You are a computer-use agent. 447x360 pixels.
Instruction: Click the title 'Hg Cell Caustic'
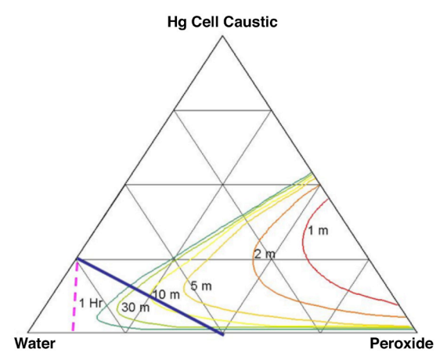point(222,22)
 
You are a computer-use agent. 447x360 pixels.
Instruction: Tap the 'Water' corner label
point(35,344)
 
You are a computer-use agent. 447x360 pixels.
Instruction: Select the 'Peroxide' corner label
point(402,344)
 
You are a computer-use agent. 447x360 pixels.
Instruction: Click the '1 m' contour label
point(318,231)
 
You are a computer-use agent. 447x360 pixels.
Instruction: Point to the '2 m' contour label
point(265,254)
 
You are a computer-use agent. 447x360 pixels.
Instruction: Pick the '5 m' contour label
point(201,286)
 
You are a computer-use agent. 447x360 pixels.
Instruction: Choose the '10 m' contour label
point(167,295)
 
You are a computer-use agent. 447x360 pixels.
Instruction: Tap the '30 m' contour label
point(135,308)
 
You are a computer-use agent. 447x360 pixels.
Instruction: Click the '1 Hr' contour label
point(91,304)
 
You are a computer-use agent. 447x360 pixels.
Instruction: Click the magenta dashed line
point(74,297)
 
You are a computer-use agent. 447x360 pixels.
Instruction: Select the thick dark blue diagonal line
point(150,297)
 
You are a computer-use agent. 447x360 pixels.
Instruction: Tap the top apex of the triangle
point(222,36)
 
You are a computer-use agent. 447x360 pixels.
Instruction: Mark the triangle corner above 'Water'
point(28,332)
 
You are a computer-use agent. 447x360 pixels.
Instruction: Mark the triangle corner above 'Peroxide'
point(417,332)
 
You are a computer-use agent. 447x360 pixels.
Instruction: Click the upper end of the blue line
point(78,258)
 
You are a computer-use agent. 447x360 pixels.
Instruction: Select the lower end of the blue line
point(223,335)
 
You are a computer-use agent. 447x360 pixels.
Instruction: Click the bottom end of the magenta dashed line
point(73,330)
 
